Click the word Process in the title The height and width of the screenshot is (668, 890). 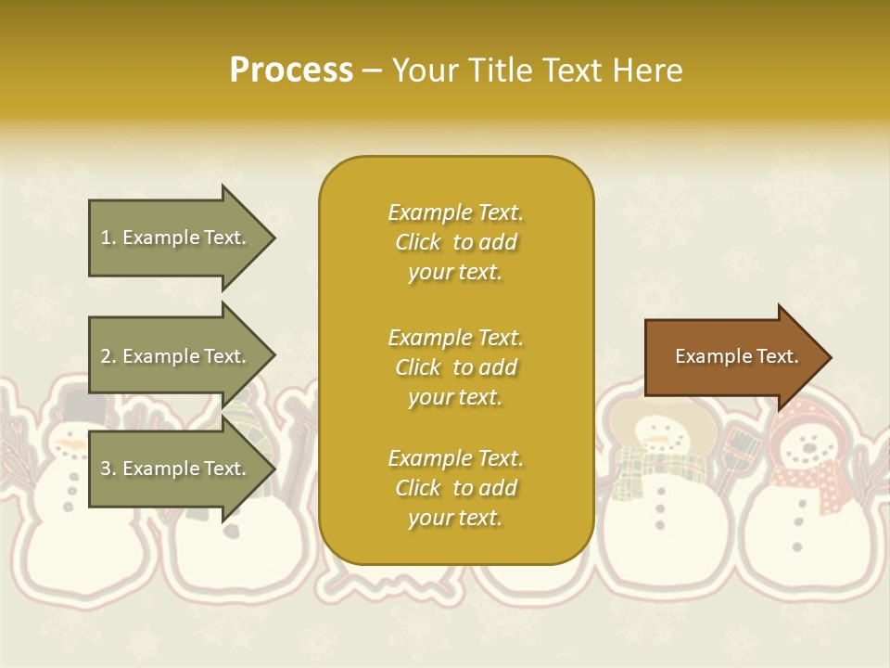click(x=291, y=71)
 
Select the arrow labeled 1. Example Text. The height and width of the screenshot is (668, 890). click(x=176, y=238)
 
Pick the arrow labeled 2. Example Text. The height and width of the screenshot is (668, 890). click(x=176, y=356)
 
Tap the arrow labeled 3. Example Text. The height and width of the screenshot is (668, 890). click(x=176, y=469)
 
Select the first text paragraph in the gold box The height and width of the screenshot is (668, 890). click(x=455, y=242)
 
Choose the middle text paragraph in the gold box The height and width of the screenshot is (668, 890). click(x=455, y=367)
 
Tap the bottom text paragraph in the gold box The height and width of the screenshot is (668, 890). click(x=455, y=488)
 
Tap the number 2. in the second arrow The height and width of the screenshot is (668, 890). click(x=108, y=356)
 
